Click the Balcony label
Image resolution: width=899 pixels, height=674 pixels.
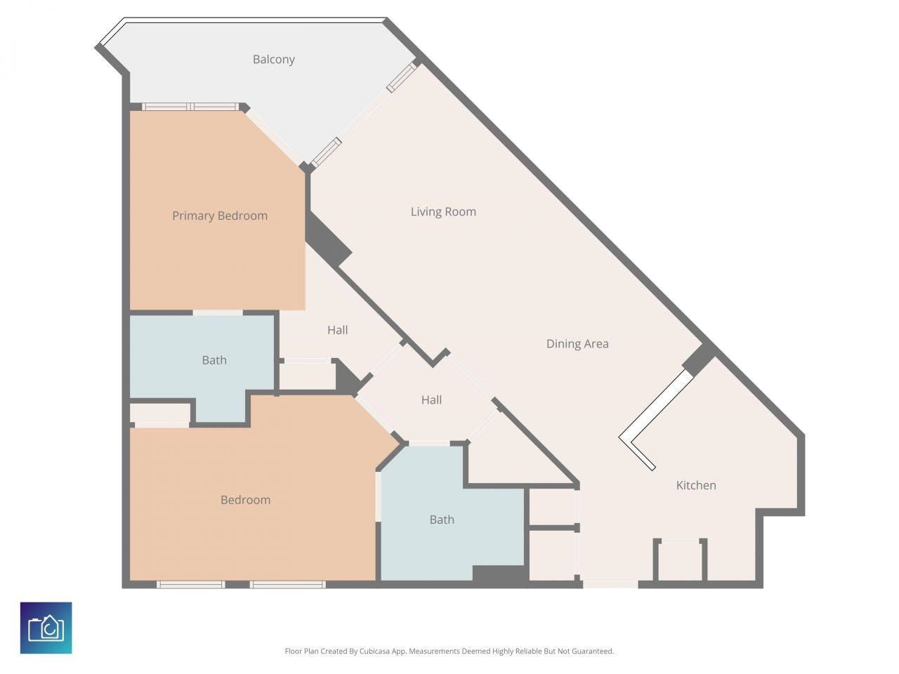[x=274, y=60]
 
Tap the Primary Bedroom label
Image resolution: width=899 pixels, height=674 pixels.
[x=220, y=216]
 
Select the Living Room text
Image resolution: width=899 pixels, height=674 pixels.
[x=443, y=211]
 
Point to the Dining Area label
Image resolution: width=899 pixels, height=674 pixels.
[x=577, y=344]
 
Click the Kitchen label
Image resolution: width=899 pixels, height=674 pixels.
[x=696, y=485]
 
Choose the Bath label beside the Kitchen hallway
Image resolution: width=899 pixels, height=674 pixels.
[x=442, y=520]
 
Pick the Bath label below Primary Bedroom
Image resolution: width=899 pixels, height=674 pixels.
[x=214, y=360]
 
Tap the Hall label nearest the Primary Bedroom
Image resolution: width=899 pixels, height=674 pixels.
[x=338, y=330]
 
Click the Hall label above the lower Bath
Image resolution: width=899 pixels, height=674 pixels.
[x=431, y=399]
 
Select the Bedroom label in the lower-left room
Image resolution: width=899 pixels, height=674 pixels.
[x=245, y=500]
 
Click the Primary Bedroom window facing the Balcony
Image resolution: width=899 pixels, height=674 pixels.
[x=190, y=107]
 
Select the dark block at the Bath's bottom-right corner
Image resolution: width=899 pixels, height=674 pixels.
[x=500, y=574]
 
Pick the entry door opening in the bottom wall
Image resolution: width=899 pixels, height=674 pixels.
[x=610, y=584]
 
